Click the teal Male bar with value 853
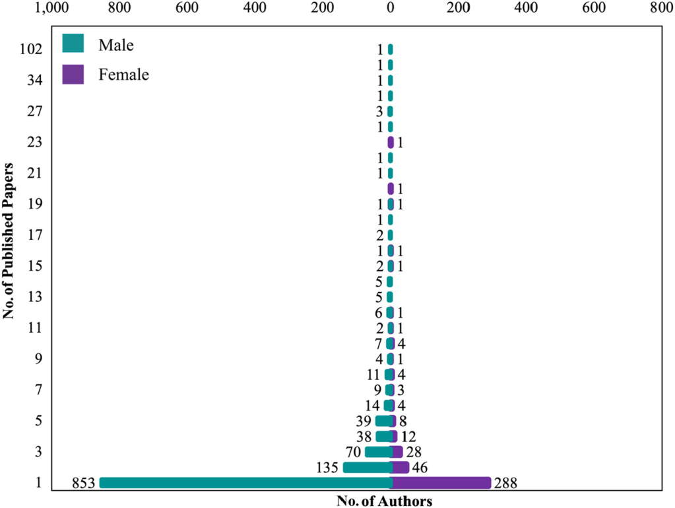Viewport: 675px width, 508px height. coord(245,483)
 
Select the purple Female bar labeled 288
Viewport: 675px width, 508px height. coord(441,483)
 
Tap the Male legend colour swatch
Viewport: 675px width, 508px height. coord(73,44)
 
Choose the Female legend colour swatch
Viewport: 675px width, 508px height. coord(73,74)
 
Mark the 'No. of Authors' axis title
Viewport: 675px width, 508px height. coord(385,501)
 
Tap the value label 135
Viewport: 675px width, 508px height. coord(329,468)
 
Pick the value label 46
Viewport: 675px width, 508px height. coord(421,468)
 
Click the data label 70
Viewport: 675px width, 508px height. coord(354,452)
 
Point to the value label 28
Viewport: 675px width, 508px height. coord(414,452)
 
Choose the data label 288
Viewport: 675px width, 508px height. coord(505,483)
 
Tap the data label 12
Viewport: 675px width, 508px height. coord(409,437)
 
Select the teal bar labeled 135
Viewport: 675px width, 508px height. coord(367,468)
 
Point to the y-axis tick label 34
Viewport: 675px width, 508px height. coord(34,80)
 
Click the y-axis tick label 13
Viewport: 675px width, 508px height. coord(34,297)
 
